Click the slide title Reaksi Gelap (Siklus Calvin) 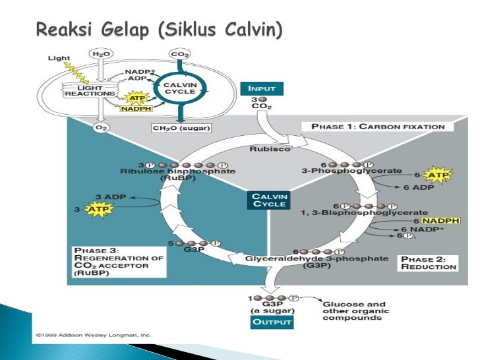tap(159, 30)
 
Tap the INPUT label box tap(266, 88)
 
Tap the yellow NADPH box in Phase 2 tap(441, 221)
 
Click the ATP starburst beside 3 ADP tap(98, 210)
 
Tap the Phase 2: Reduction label tap(428, 262)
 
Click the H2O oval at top tap(101, 53)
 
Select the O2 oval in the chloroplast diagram tap(101, 126)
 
